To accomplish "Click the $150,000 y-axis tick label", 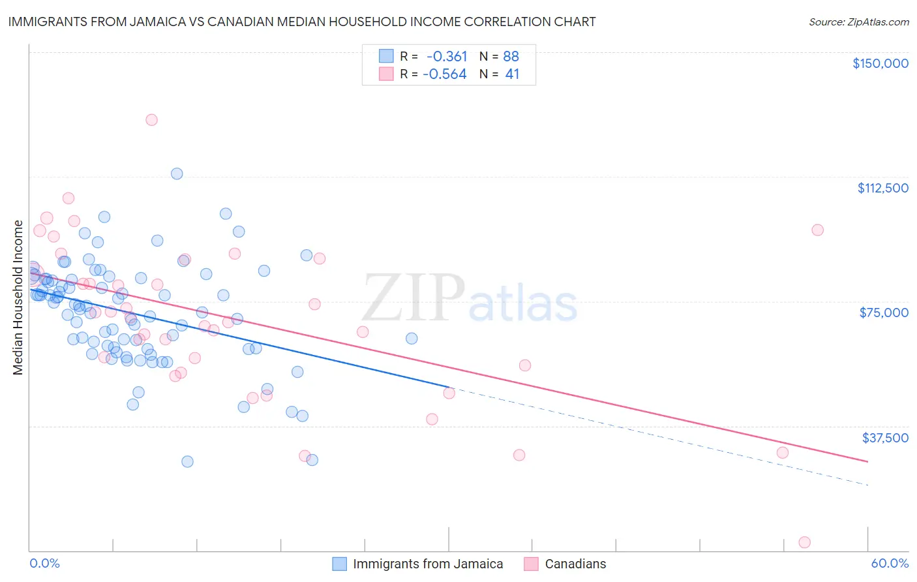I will (880, 63).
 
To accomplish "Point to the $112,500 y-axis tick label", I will (882, 188).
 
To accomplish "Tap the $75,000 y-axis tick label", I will (884, 313).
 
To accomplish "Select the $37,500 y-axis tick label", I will (884, 438).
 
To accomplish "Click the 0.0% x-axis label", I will (44, 563).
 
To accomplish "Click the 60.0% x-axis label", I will (889, 563).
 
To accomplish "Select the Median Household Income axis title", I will (18, 298).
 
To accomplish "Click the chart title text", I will (302, 22).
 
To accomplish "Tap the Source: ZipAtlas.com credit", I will (858, 22).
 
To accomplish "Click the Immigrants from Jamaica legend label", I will (428, 564).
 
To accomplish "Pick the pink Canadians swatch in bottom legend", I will (532, 564).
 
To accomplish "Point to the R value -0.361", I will (447, 56).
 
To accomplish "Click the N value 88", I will (511, 56).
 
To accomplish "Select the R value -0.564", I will (445, 74).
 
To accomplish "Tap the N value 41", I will (512, 74).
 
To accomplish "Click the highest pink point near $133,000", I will (151, 119).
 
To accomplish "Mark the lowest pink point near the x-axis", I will (804, 542).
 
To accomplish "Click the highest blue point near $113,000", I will (177, 174).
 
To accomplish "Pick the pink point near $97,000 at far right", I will (817, 230).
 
